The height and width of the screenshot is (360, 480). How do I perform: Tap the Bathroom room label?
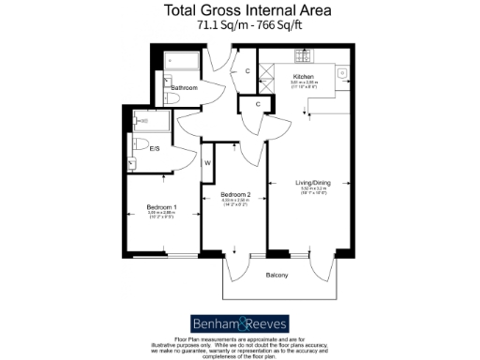coord(184,87)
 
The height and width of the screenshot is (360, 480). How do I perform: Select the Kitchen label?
coord(304,77)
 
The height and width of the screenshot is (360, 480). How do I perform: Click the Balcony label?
coord(276,274)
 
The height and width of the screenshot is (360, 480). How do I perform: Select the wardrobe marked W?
coord(207,163)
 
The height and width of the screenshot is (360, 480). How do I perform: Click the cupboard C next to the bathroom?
coord(247,71)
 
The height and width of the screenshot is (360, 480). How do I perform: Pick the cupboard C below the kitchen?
coord(257,104)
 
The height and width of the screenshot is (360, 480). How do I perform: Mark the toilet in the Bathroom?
coord(171,97)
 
